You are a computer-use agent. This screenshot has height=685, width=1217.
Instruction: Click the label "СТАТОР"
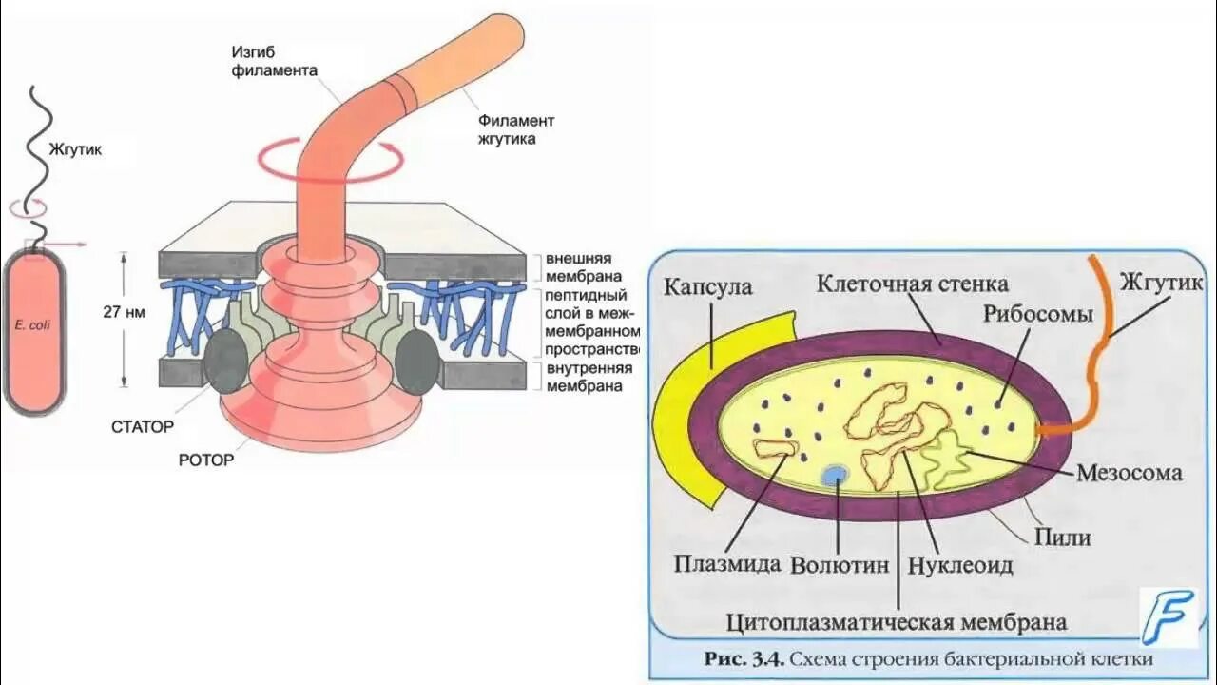coord(143,427)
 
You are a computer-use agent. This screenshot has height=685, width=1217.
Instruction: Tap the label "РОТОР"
coord(205,460)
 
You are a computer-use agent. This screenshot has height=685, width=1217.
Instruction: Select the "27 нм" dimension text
coord(124,312)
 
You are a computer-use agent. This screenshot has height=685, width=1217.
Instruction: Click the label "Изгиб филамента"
coord(274,60)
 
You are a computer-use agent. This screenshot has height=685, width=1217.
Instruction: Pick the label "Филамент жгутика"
coord(515,129)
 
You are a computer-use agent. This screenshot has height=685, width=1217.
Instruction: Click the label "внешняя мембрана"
coord(578,267)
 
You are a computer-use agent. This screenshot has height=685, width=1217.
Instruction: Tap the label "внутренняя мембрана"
coord(583,377)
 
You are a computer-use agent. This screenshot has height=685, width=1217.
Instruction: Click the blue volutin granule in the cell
coord(836,474)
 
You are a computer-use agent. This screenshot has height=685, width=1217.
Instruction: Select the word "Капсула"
coord(707,286)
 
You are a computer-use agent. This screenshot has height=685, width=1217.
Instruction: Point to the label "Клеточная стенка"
coord(913,284)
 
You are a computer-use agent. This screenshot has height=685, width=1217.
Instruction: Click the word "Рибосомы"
coord(1038,314)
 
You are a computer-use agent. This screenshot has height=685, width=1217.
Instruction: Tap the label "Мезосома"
coord(1130,473)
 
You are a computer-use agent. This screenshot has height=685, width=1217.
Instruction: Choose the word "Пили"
coord(1062,538)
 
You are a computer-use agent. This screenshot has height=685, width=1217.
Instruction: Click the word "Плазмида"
coord(728,564)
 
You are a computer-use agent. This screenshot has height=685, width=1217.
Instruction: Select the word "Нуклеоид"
coord(960,565)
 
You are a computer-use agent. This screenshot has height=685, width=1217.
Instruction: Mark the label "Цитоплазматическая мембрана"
coord(896,623)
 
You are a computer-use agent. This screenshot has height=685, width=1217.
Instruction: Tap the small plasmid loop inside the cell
coord(774,447)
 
